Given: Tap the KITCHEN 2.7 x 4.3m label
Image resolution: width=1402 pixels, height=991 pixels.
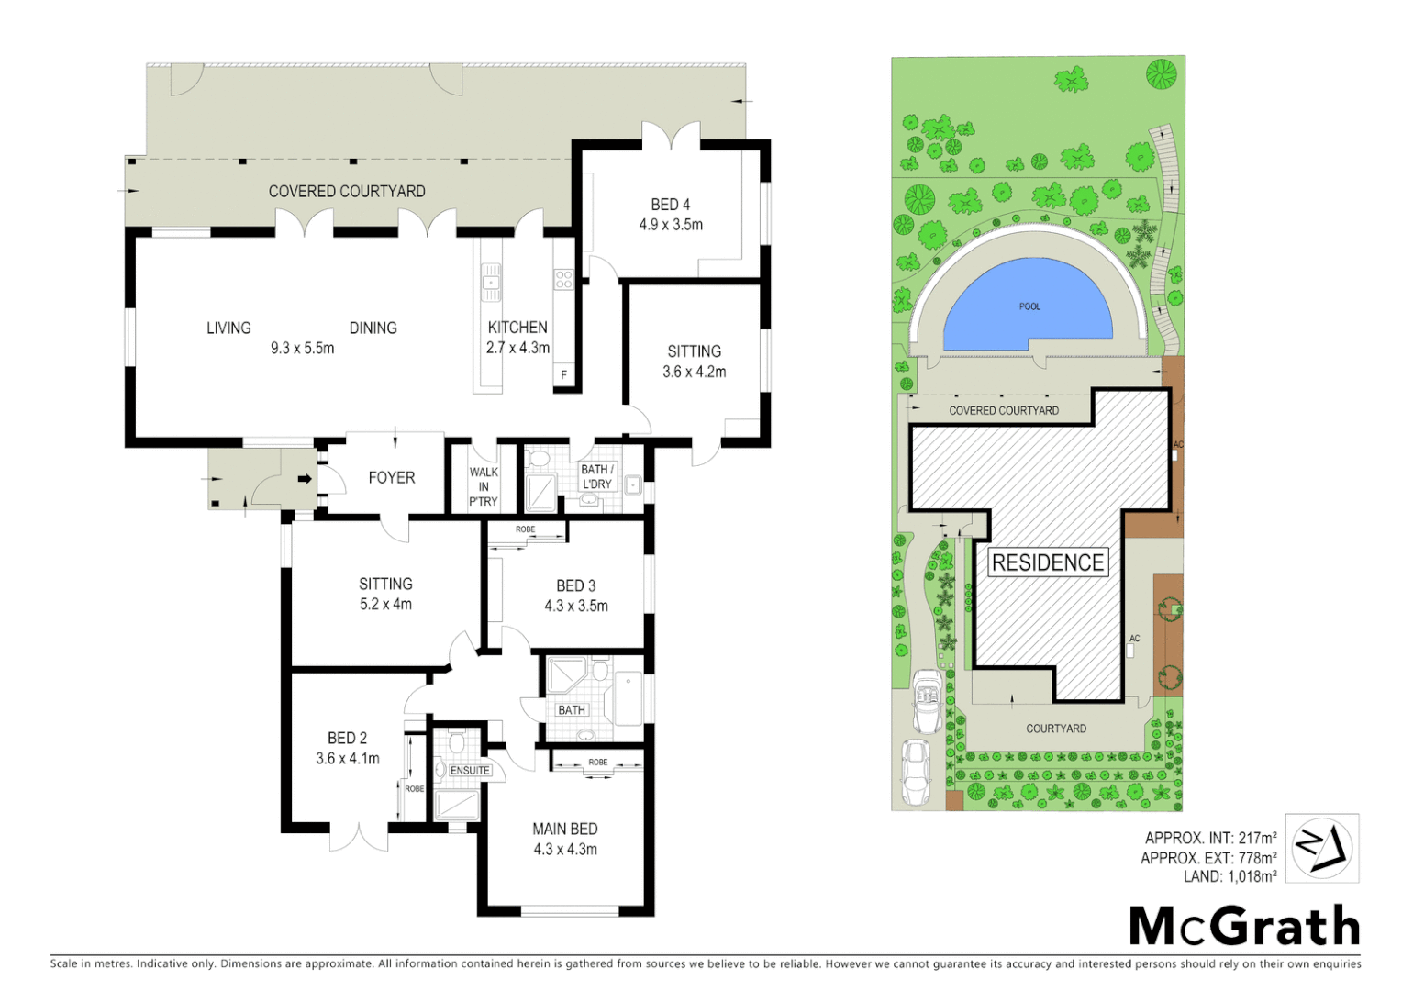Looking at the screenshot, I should tap(517, 337).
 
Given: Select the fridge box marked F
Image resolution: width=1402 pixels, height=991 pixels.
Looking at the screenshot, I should tap(564, 375).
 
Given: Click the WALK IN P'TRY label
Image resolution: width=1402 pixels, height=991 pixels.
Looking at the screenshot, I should tap(484, 486).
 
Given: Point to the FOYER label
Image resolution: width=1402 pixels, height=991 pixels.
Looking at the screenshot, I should tap(392, 477).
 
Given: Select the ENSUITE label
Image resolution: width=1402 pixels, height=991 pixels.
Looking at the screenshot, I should tap(470, 771).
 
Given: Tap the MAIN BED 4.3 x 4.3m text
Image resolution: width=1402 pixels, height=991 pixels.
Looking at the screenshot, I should tap(565, 839).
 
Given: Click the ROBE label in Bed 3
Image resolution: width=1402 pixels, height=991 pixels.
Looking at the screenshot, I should tap(525, 529).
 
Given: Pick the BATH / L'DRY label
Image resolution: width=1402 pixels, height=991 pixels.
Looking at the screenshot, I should tap(596, 476).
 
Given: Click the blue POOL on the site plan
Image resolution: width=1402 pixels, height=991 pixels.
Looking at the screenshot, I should tap(1029, 307).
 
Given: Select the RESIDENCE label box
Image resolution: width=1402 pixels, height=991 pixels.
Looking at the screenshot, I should tap(1048, 562).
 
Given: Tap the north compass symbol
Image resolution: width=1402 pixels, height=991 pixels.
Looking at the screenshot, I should tap(1321, 848).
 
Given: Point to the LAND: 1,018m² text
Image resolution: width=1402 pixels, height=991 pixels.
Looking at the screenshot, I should tap(1230, 876).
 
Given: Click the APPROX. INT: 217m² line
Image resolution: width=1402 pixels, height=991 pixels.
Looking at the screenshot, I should tap(1210, 838).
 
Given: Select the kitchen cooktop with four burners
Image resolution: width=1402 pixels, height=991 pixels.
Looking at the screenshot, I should tap(563, 279).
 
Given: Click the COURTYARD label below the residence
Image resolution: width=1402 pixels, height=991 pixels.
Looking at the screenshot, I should tap(1056, 729).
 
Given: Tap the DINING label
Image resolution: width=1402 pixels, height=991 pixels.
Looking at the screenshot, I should tap(373, 328).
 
